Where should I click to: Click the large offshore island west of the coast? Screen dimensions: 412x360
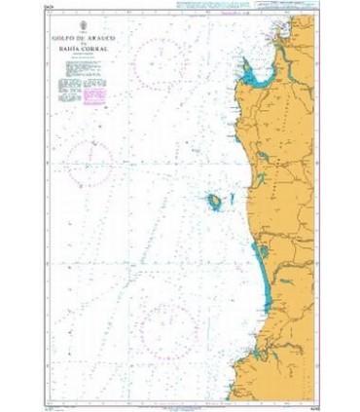coord(211,203)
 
